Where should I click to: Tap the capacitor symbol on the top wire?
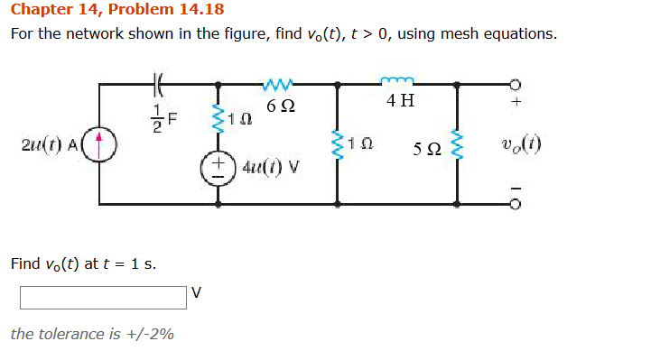pos(158,86)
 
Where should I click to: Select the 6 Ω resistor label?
pos(278,106)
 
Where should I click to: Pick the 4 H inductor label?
pos(400,100)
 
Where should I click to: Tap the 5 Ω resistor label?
pos(426,146)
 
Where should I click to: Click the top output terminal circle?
pos(516,85)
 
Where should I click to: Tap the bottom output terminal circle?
pos(516,204)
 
